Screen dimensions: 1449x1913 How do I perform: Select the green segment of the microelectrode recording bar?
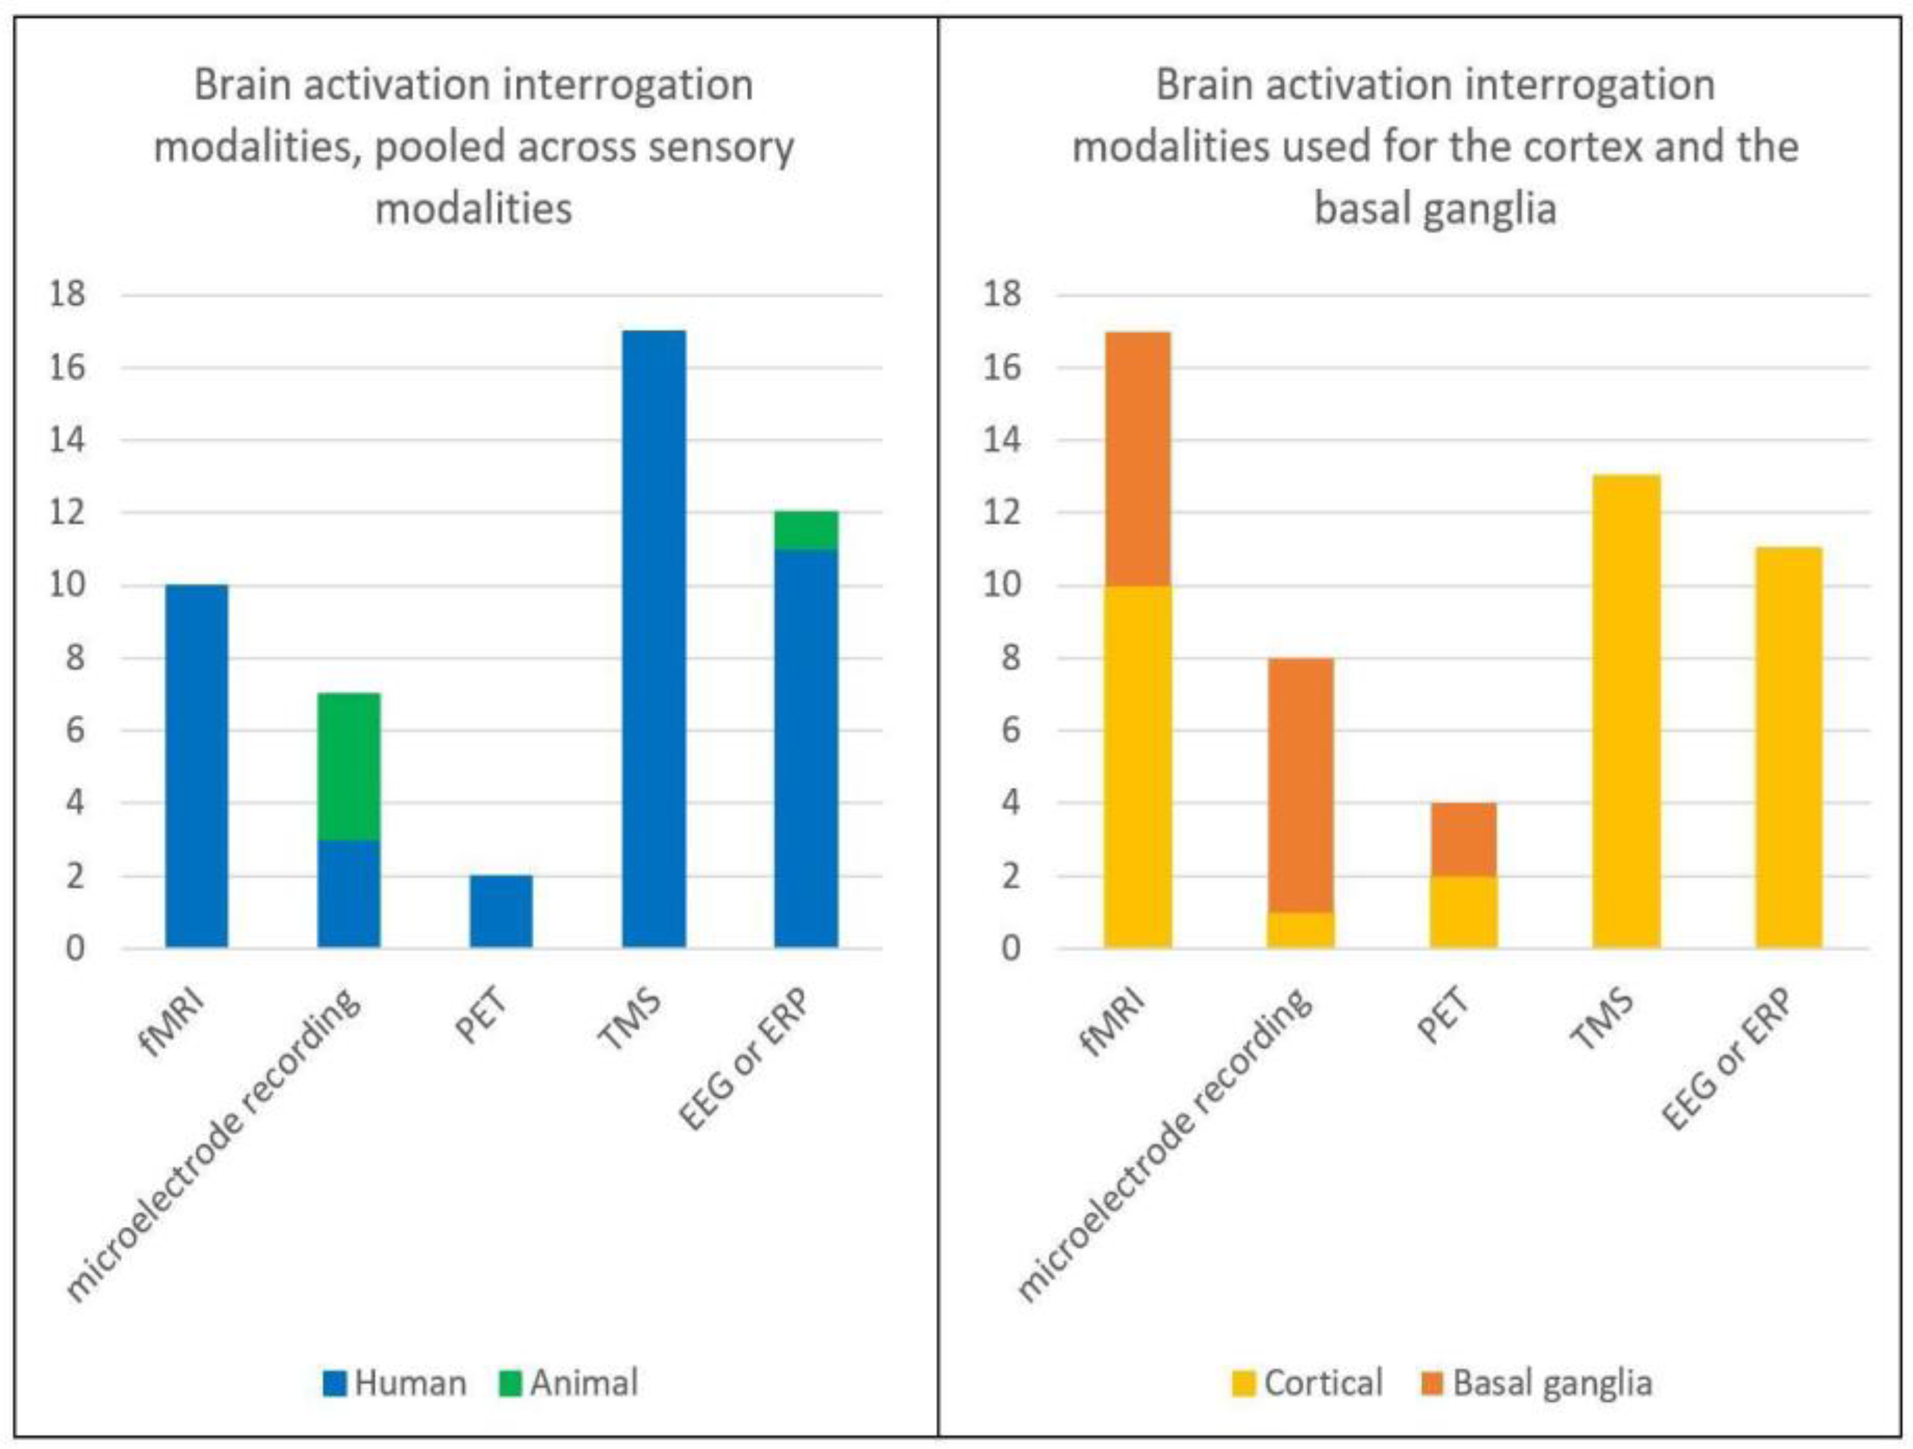[x=349, y=766]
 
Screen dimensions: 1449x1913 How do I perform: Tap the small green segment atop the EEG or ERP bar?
[x=806, y=530]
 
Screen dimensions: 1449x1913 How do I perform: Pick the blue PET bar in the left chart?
[x=502, y=912]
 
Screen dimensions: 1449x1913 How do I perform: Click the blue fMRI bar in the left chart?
[x=197, y=766]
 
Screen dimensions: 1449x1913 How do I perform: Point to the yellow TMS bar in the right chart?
[x=1627, y=711]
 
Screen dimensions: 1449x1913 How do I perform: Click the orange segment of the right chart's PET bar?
[x=1463, y=839]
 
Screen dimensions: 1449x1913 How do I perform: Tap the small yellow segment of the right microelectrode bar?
[x=1300, y=930]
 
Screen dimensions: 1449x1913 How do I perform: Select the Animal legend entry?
[x=570, y=1383]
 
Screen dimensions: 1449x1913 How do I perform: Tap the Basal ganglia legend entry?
[x=1537, y=1383]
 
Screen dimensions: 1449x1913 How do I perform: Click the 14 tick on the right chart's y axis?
[x=1003, y=440]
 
